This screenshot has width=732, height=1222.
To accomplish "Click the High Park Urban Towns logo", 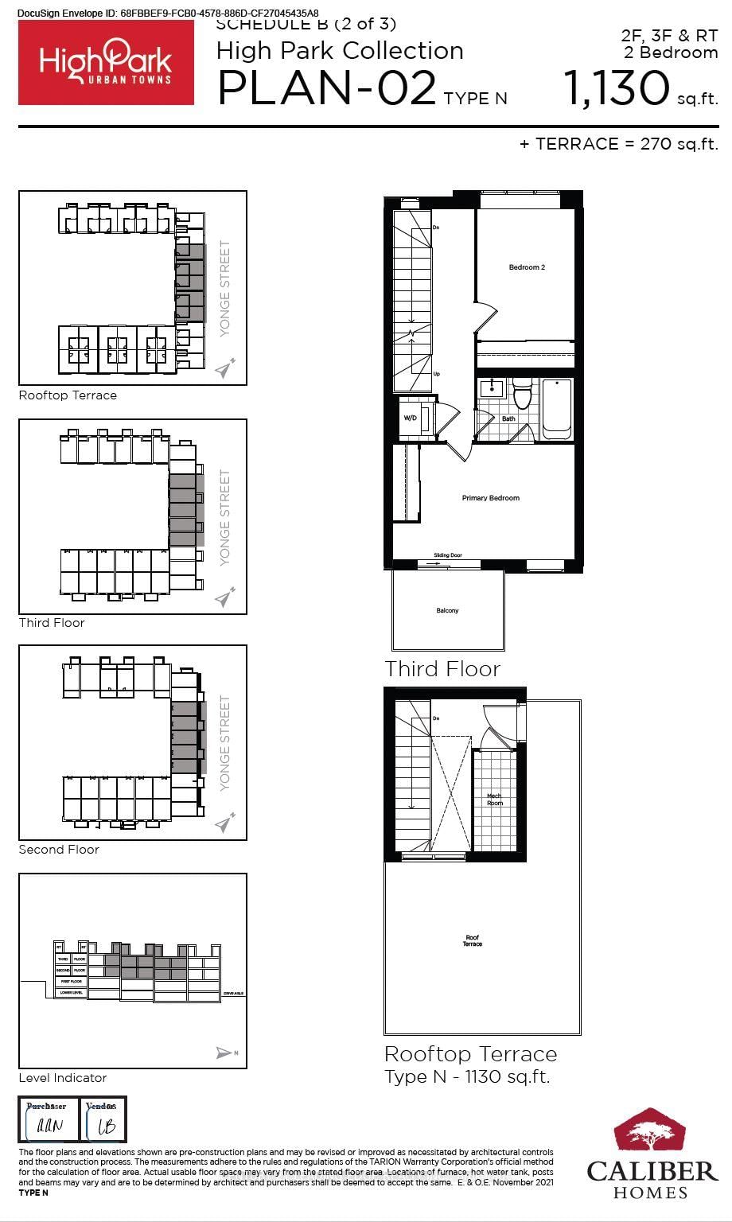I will click(x=106, y=62).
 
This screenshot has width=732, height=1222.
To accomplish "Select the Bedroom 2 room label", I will click(x=527, y=267).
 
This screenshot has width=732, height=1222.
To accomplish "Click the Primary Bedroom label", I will click(x=490, y=498).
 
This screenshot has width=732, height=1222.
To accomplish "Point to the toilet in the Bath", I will click(x=522, y=395).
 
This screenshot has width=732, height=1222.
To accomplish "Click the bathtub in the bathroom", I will click(x=556, y=409).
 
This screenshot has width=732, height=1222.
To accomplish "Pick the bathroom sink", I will click(x=493, y=389).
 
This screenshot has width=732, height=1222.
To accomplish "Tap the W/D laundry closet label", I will click(x=411, y=418).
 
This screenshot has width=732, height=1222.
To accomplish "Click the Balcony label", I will click(x=447, y=611).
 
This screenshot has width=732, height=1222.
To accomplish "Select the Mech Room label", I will click(x=494, y=799).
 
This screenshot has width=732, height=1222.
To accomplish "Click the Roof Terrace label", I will click(x=473, y=941).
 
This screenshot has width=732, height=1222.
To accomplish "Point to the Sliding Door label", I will click(x=447, y=555).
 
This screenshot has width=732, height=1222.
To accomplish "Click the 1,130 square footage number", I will click(x=617, y=88).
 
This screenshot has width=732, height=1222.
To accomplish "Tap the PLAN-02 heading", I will click(x=326, y=88).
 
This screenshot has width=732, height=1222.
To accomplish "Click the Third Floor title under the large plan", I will click(x=442, y=669).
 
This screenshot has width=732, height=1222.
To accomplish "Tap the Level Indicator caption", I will click(x=63, y=1078).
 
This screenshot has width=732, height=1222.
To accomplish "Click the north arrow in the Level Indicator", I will click(x=225, y=1053).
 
